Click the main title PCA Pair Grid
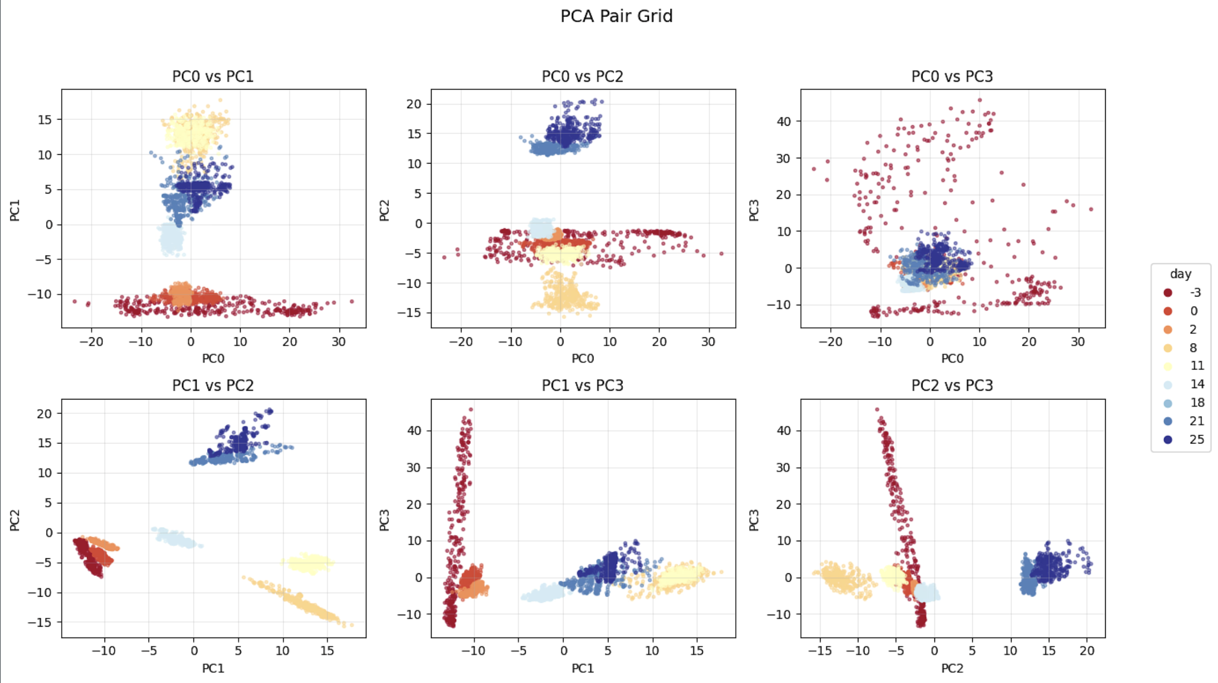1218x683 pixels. (x=616, y=16)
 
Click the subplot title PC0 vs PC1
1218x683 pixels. (x=213, y=77)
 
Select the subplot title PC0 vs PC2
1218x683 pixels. (x=582, y=77)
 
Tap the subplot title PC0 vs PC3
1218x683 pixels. (x=952, y=77)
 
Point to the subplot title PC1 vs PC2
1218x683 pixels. (x=213, y=385)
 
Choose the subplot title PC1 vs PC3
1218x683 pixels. (x=582, y=385)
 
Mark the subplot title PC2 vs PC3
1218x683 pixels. (x=952, y=385)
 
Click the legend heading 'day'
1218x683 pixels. (x=1180, y=274)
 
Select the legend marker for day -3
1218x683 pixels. (x=1168, y=293)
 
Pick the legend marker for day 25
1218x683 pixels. (x=1168, y=440)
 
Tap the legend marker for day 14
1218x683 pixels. (x=1168, y=384)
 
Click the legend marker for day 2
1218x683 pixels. (x=1168, y=330)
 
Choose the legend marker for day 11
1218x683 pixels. (x=1168, y=366)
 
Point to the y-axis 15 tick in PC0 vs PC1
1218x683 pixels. (x=45, y=120)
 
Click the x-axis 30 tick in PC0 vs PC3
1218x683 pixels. (x=1078, y=342)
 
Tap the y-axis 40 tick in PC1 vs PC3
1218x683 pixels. (x=414, y=430)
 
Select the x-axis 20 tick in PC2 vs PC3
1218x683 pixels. (x=1087, y=651)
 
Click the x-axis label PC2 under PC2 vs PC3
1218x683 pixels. (x=952, y=669)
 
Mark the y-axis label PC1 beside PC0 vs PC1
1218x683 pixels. (x=15, y=210)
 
